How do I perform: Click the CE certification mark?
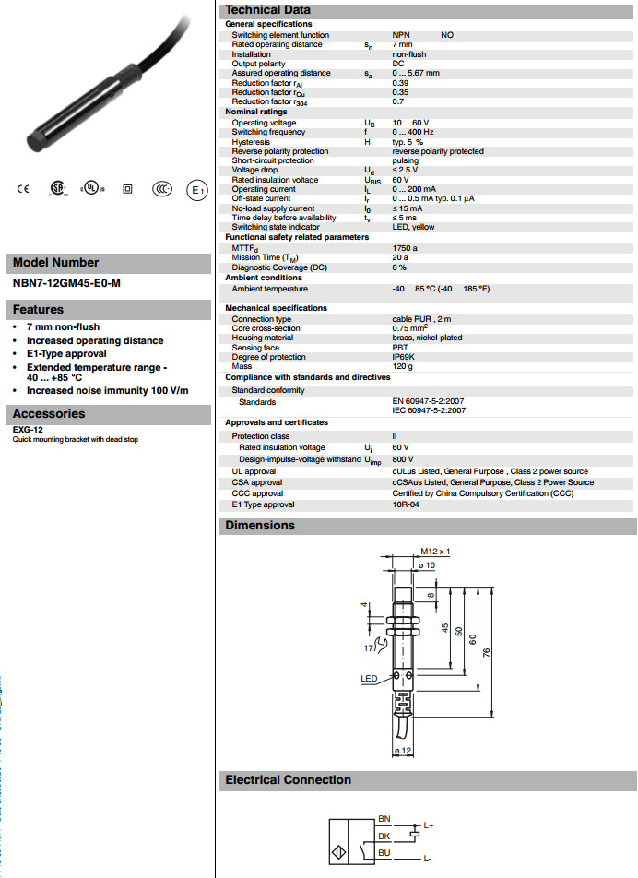[24, 189]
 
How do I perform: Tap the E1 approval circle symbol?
[195, 190]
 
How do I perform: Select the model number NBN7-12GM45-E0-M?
[65, 283]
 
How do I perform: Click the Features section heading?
[39, 310]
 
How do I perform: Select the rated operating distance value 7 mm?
[402, 44]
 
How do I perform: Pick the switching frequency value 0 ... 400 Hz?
[413, 132]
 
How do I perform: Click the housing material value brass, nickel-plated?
[428, 338]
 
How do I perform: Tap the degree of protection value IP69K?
[403, 357]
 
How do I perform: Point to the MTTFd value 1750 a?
[405, 248]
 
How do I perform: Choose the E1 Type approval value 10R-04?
[406, 504]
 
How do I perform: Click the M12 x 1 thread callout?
[434, 552]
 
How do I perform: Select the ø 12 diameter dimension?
[402, 752]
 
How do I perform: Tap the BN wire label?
[384, 819]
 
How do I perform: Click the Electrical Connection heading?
[288, 780]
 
